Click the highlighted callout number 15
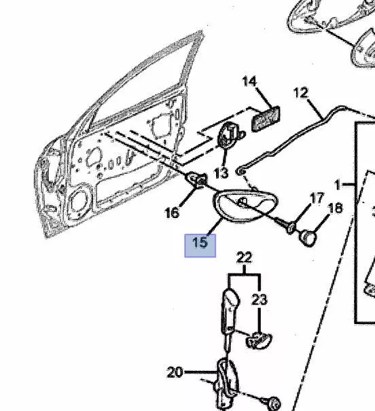[200, 243]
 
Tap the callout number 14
[249, 82]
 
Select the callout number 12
[301, 93]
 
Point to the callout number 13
[221, 173]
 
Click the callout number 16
[172, 213]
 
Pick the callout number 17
[317, 198]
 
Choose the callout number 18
[335, 209]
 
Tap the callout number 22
[245, 257]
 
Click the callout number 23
[260, 300]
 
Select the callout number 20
[175, 372]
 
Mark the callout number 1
[338, 185]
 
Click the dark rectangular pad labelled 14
[266, 119]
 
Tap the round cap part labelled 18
[308, 238]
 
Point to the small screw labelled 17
[291, 228]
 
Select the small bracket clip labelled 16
[196, 179]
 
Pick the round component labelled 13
[228, 135]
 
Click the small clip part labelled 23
[258, 340]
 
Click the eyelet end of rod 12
[240, 172]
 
